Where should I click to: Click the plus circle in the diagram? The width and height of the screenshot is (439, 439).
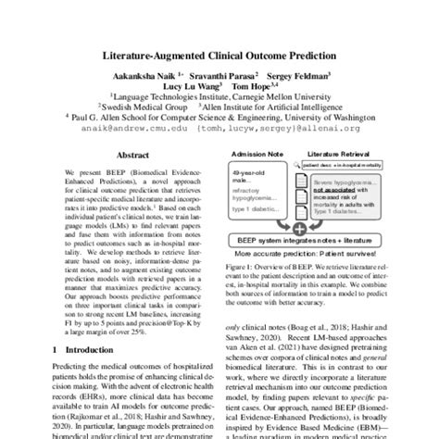click(x=300, y=226)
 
